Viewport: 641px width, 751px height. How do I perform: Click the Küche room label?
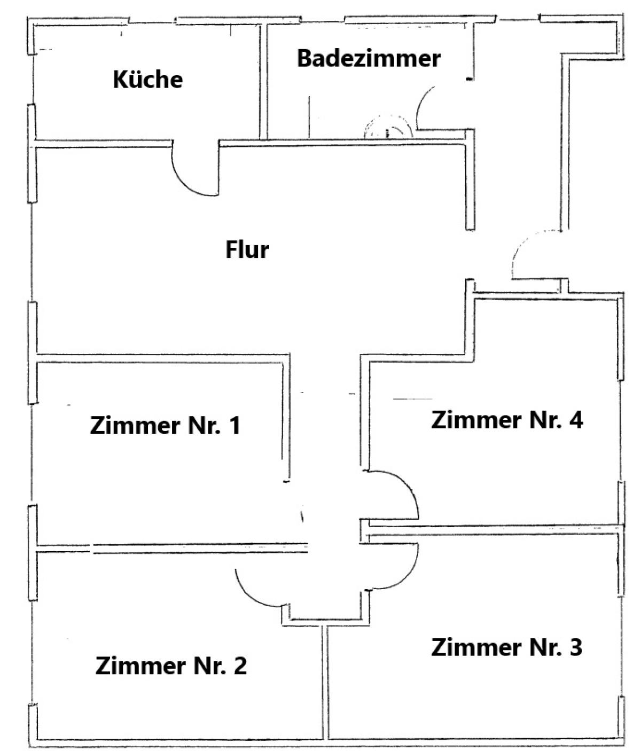(148, 79)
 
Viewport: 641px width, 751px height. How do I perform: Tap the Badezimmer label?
(369, 58)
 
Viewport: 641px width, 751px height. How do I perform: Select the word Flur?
(247, 249)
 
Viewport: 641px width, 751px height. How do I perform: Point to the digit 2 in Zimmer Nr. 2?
(240, 666)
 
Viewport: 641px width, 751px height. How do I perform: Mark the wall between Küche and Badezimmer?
(263, 82)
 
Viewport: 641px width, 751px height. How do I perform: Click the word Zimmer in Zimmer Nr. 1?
(135, 426)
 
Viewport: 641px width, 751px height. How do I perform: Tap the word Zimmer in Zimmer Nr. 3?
(476, 647)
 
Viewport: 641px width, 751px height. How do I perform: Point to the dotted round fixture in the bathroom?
(388, 127)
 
